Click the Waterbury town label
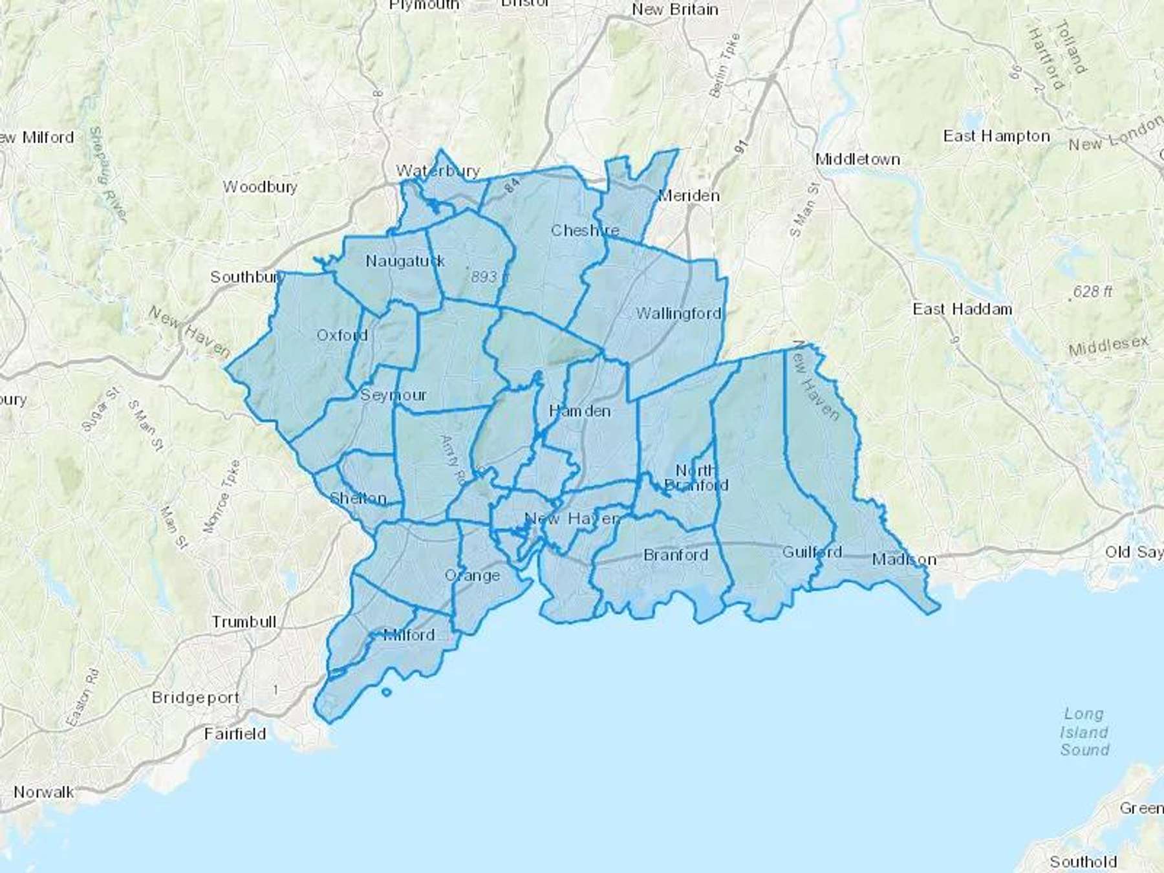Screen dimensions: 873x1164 pyautogui.click(x=438, y=171)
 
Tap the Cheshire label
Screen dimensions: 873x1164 pyautogui.click(x=585, y=230)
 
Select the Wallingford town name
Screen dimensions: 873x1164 pyautogui.click(x=678, y=314)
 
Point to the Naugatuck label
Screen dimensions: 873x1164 pyautogui.click(x=405, y=261)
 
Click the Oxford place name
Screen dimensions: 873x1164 pyautogui.click(x=342, y=335)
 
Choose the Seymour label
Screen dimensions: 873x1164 pyautogui.click(x=393, y=394)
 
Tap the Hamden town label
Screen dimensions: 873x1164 pyautogui.click(x=579, y=411)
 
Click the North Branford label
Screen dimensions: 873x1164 pyautogui.click(x=696, y=478)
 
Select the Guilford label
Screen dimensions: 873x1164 pyautogui.click(x=812, y=552)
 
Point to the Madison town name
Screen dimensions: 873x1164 pyautogui.click(x=903, y=559)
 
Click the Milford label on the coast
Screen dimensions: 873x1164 pyautogui.click(x=409, y=635)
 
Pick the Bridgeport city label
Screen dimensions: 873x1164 pyautogui.click(x=195, y=698)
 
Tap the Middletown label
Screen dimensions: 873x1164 pyautogui.click(x=857, y=159)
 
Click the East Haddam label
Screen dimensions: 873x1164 pyautogui.click(x=962, y=309)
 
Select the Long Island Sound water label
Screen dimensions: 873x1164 pyautogui.click(x=1084, y=732)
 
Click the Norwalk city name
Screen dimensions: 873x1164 pyautogui.click(x=43, y=792)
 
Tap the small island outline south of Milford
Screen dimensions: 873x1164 pyautogui.click(x=386, y=693)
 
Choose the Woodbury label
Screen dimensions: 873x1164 pyautogui.click(x=260, y=187)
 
